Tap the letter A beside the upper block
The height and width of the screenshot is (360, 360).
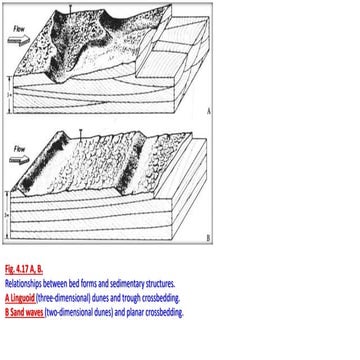206,110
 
